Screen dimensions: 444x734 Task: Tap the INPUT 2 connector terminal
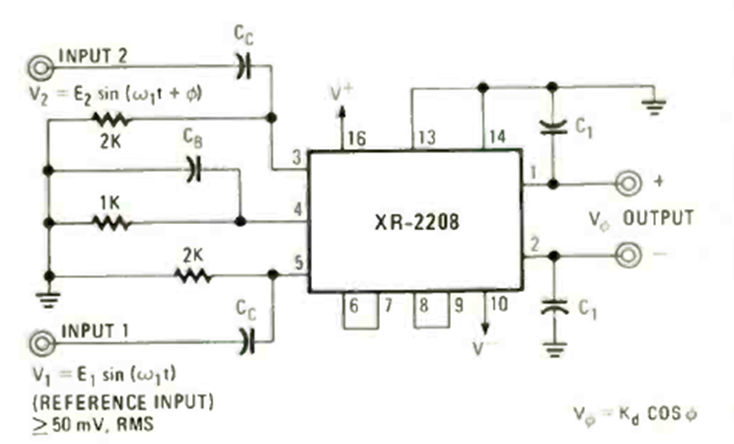(40, 67)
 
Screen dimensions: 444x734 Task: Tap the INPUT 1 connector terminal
(40, 342)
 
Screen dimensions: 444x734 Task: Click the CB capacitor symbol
(193, 170)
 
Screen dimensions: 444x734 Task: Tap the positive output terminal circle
(625, 184)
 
